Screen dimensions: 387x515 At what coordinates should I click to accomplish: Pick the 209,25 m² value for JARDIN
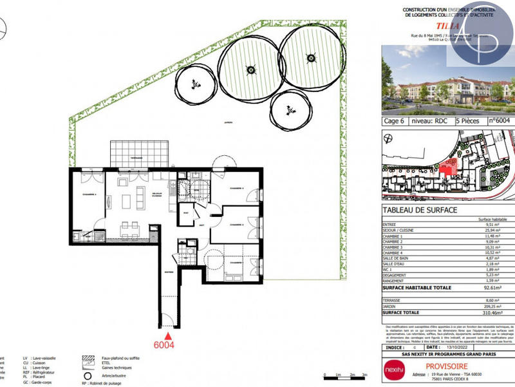498,305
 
